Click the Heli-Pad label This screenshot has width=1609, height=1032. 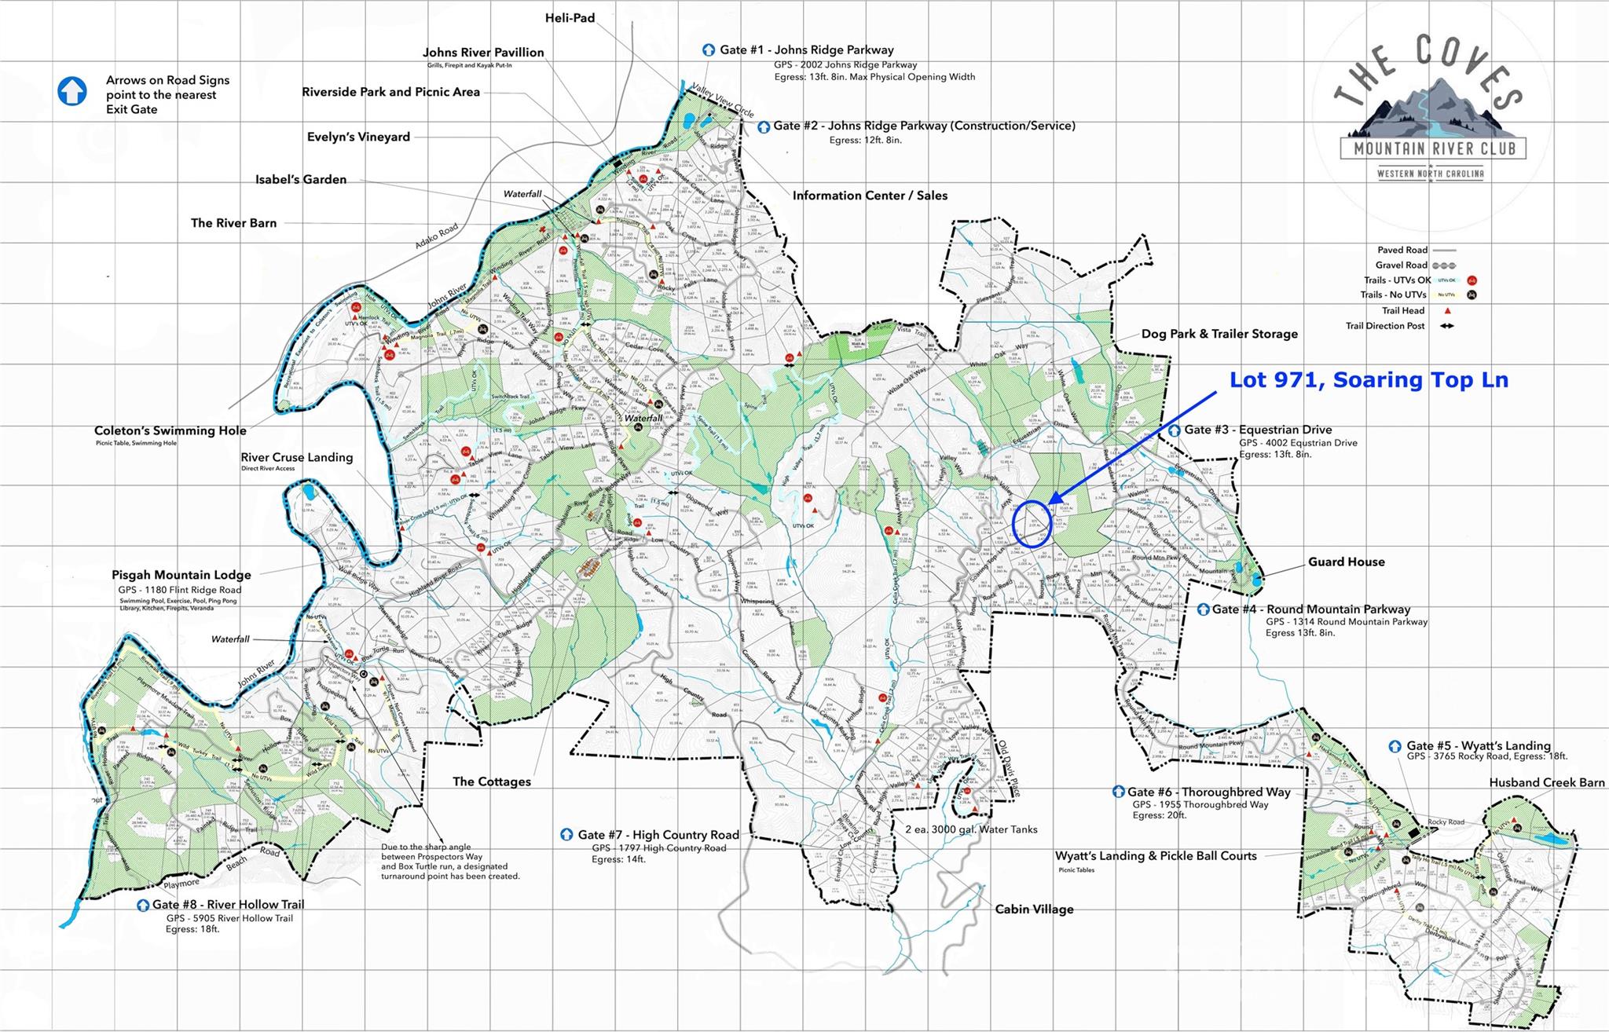pos(570,17)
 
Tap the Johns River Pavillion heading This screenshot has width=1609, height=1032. pos(483,53)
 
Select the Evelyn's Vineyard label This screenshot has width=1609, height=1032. pos(358,137)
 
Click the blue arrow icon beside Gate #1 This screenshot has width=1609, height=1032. pos(709,49)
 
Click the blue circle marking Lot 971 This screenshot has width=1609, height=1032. pos(1032,523)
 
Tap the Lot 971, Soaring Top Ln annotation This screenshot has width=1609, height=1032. pos(1368,380)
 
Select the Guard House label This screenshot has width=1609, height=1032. pos(1346,562)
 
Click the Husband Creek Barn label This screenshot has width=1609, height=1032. pos(1546,782)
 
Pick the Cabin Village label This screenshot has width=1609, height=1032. pos(1034,909)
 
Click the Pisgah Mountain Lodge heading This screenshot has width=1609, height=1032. pos(181,575)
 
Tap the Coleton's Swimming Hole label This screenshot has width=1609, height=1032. pos(170,430)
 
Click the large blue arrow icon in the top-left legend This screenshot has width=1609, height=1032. pos(72,91)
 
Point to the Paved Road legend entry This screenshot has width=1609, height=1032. pos(1401,250)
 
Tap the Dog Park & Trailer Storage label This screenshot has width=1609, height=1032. pos(1219,334)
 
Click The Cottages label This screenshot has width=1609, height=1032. pos(492,781)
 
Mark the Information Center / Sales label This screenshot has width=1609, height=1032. pos(870,196)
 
